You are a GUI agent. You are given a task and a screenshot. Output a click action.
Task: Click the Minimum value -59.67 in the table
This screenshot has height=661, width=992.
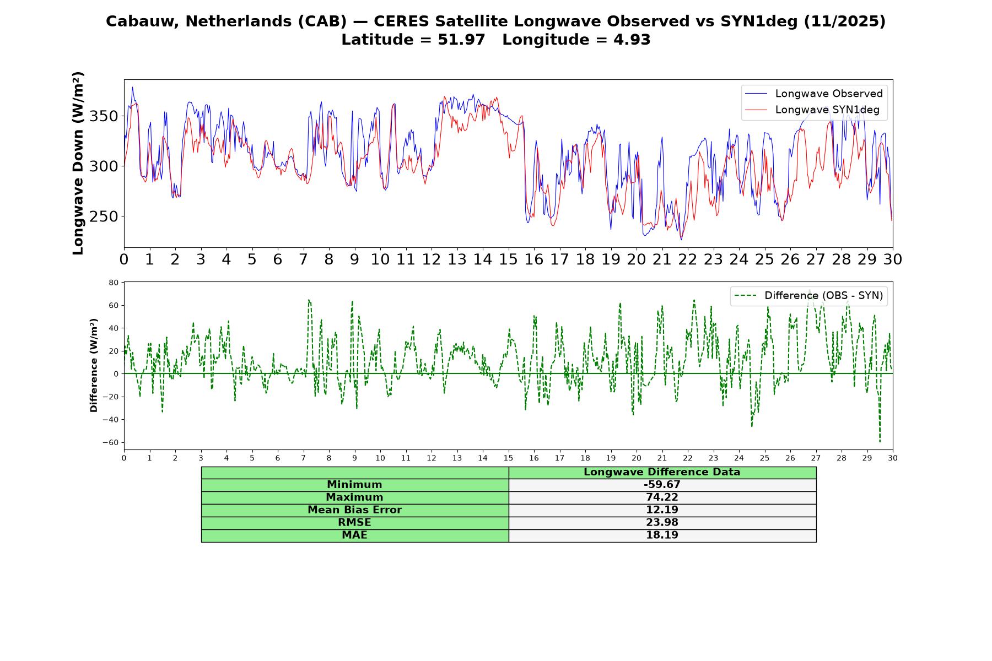point(662,485)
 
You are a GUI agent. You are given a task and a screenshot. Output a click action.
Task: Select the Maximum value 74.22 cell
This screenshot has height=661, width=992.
point(662,497)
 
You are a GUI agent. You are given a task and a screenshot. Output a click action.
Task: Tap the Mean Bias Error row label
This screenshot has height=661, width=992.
point(355,510)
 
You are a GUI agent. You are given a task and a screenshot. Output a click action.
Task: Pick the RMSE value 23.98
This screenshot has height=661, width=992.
point(662,523)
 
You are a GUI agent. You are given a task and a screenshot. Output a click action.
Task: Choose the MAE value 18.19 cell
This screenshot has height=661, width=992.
point(662,535)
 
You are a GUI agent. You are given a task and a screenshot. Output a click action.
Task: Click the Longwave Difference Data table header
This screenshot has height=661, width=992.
point(662,472)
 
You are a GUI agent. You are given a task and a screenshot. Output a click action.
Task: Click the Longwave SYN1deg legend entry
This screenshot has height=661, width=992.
point(811,110)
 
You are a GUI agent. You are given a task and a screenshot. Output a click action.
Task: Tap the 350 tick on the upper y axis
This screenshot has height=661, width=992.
point(104,116)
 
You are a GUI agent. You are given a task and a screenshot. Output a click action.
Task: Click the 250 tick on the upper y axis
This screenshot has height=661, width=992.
point(104,216)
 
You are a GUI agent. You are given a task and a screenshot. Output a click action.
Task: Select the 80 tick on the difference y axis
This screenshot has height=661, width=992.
point(114,283)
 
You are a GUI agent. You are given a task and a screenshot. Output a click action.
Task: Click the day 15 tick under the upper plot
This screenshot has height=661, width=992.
point(508,259)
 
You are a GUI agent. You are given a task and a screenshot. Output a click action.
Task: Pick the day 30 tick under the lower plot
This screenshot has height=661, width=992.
point(893,458)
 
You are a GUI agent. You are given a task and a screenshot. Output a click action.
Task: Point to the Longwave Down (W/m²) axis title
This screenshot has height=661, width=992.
point(78,163)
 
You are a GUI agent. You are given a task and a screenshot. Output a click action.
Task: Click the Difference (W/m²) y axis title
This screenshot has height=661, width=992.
point(94,365)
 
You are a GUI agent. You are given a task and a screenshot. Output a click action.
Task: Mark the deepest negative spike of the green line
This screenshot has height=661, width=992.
point(880,442)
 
